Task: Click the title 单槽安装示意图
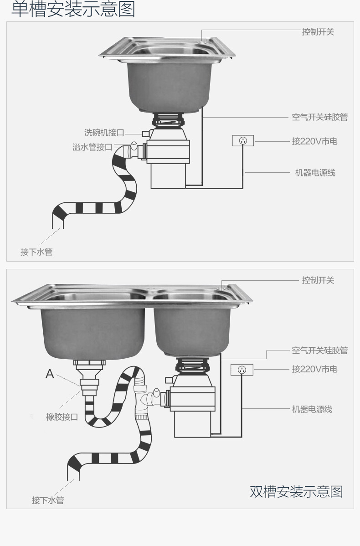click(x=73, y=9)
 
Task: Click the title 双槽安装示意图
click(x=296, y=492)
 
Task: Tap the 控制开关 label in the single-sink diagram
click(x=318, y=32)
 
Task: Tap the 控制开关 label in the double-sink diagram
click(x=318, y=280)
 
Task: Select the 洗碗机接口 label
click(x=104, y=133)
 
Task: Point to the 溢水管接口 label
click(x=93, y=147)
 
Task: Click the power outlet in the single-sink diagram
click(x=243, y=141)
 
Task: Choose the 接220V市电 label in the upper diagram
click(x=314, y=141)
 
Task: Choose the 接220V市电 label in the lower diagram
click(x=314, y=369)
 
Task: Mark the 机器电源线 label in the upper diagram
click(x=315, y=173)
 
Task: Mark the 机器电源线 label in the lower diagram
click(x=312, y=409)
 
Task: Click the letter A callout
click(x=50, y=374)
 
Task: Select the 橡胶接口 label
click(x=62, y=417)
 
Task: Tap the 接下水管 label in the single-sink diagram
click(x=36, y=252)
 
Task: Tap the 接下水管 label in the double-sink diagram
click(x=48, y=500)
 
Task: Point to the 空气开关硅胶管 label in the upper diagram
click(x=319, y=117)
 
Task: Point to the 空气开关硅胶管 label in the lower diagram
click(x=319, y=350)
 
